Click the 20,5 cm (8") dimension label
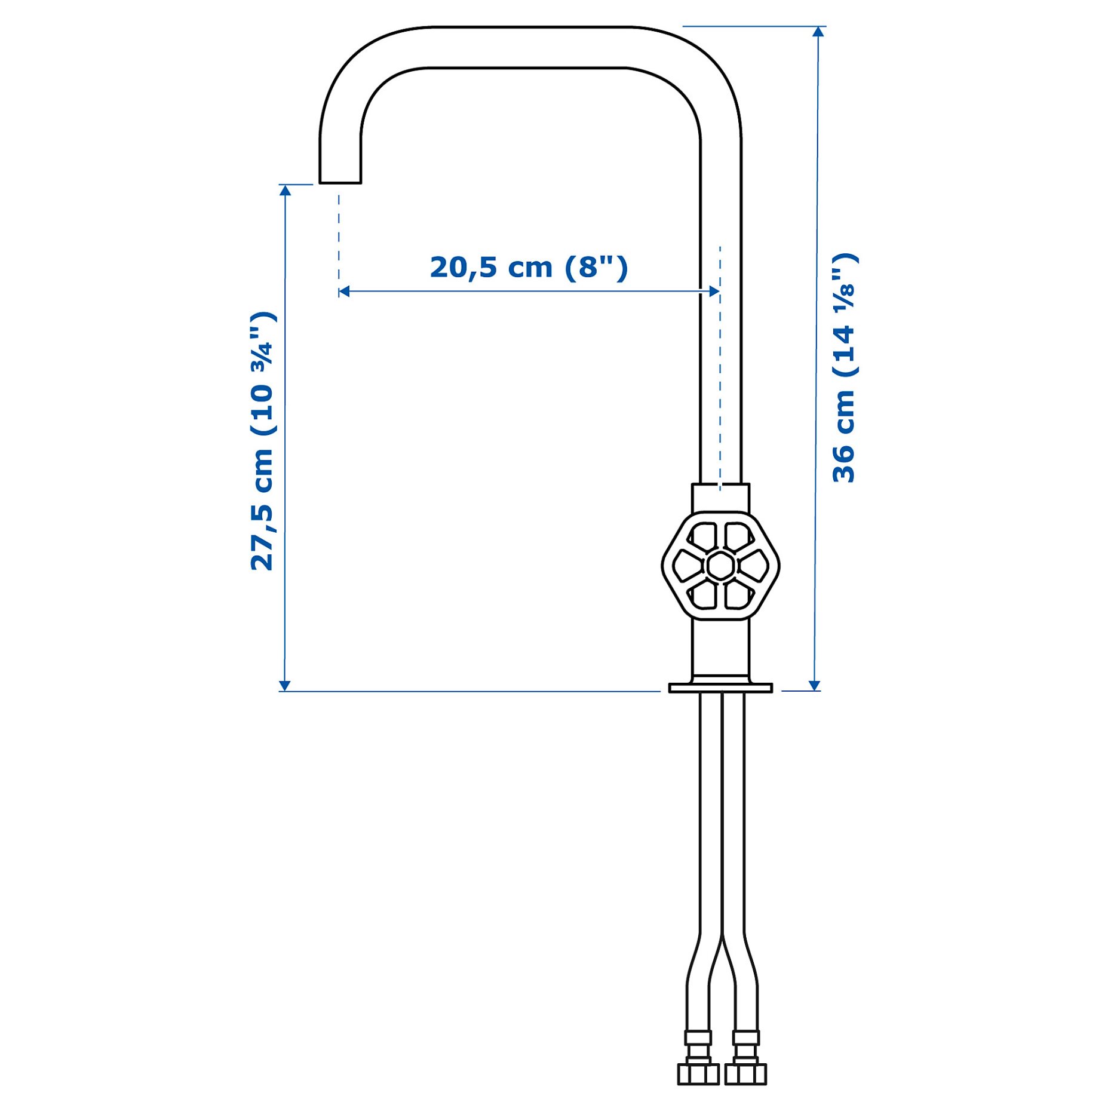(529, 267)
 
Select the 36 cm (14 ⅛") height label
(845, 368)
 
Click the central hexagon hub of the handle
(720, 565)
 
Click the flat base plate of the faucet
(720, 688)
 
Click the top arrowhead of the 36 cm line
(818, 31)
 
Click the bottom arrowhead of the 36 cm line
(814, 685)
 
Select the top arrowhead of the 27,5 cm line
(286, 190)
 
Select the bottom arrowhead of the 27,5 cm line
(285, 685)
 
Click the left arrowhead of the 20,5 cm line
(344, 291)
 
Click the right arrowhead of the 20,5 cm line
(714, 291)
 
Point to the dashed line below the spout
(339, 239)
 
